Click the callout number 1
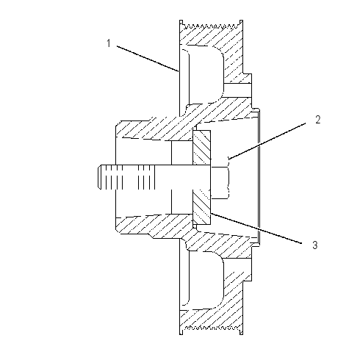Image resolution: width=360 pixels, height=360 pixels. [x=109, y=43]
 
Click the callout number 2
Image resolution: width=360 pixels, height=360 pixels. [x=317, y=120]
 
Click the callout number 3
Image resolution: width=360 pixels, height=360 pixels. [x=315, y=245]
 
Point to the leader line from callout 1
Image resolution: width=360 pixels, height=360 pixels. [x=148, y=59]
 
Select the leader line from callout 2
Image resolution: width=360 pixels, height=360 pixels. [x=267, y=141]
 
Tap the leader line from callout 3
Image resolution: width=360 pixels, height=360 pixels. [x=256, y=228]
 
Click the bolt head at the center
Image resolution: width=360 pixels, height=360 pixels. [x=220, y=183]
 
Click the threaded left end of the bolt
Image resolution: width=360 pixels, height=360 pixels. [x=126, y=177]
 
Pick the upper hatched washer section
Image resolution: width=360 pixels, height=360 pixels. [x=201, y=148]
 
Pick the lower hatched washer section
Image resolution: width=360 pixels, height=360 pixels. [x=201, y=207]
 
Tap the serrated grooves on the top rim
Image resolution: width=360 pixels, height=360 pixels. [x=211, y=25]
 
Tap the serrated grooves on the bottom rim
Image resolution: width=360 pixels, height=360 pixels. [x=211, y=328]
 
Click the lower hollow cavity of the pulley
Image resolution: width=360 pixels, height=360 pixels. [x=206, y=279]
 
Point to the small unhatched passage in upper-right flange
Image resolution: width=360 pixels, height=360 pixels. [x=237, y=90]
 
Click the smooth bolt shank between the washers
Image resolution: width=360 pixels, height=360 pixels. [x=182, y=177]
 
